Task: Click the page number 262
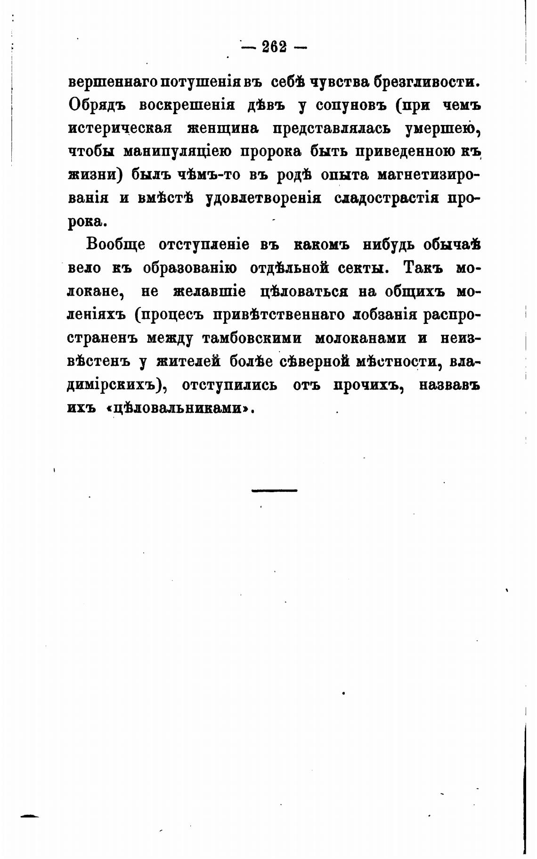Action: (x=274, y=47)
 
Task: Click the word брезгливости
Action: (x=426, y=82)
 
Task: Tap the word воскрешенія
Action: (x=187, y=105)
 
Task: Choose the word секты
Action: (x=364, y=268)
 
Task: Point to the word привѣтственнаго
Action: (x=280, y=314)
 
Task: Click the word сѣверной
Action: (x=314, y=361)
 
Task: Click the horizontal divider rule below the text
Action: (x=274, y=491)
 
